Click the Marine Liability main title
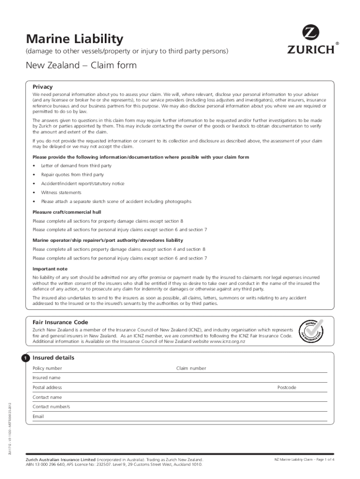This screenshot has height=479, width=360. (74, 38)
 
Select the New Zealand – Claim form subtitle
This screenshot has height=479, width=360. (81, 65)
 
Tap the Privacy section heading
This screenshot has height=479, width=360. (43, 87)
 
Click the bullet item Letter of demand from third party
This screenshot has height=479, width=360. (76, 166)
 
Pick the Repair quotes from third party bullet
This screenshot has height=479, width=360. (72, 174)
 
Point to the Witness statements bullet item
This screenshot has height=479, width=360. (61, 192)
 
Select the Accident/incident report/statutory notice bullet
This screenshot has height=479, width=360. (82, 183)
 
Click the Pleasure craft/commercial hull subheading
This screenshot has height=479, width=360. (66, 212)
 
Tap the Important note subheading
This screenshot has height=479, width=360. (50, 269)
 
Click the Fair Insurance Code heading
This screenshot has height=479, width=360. (60, 322)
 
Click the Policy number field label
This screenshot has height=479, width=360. (47, 368)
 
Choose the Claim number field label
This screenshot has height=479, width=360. (191, 368)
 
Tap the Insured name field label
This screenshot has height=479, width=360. (46, 377)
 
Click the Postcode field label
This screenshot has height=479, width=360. (287, 387)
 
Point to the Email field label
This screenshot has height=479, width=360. (38, 416)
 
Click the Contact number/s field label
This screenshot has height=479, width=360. (51, 406)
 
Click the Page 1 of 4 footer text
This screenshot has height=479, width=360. (304, 460)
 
